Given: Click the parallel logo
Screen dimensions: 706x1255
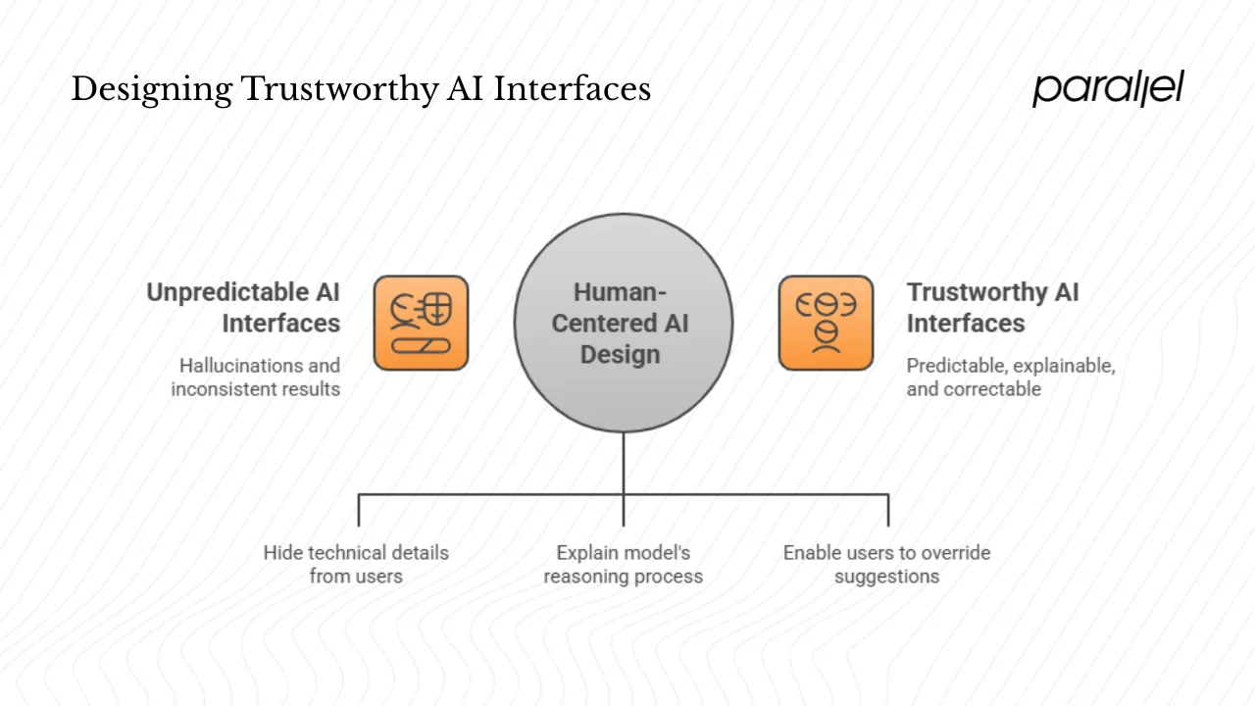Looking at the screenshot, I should [1108, 88].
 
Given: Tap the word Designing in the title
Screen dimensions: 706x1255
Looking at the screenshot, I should [151, 89].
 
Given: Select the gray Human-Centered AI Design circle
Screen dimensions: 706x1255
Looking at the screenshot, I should [623, 323].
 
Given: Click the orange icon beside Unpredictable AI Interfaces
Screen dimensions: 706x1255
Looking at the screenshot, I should [421, 323].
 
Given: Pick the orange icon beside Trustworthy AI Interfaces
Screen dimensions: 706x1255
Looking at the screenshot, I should [826, 323].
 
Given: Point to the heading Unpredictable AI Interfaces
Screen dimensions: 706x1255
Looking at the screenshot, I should [243, 308].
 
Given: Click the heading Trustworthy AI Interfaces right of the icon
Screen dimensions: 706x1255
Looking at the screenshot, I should [992, 308].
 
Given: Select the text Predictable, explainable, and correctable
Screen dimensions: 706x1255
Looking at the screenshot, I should [1010, 378].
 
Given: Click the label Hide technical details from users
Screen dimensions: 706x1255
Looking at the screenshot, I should [356, 564].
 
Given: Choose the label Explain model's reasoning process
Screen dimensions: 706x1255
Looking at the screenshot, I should [623, 564].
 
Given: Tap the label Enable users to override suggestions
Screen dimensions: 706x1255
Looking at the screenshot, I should [886, 564].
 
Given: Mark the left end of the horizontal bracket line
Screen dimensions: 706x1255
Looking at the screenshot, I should [359, 495].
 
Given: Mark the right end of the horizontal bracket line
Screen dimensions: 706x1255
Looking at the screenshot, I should [888, 495].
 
